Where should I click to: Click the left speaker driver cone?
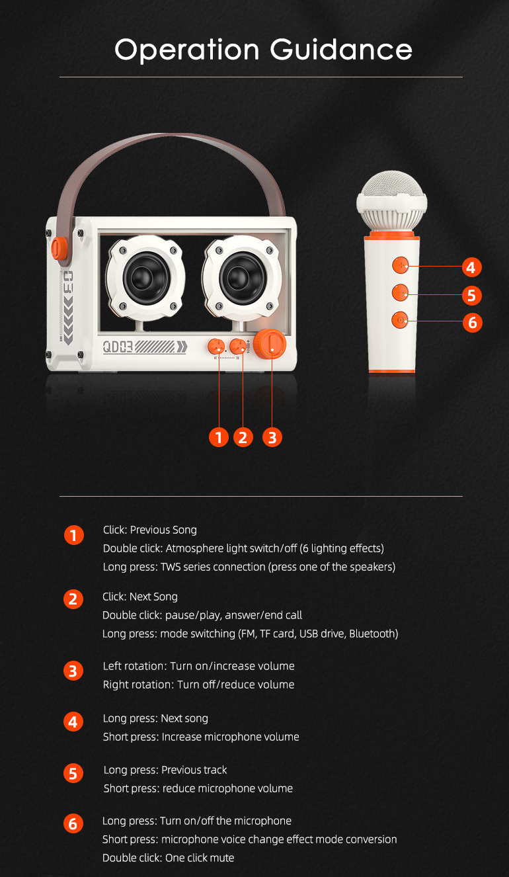(x=143, y=276)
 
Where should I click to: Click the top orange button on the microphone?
(x=399, y=265)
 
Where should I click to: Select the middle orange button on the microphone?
(x=399, y=292)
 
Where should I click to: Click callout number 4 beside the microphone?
(x=471, y=267)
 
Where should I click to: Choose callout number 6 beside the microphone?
(x=471, y=322)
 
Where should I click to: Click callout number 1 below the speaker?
(x=218, y=437)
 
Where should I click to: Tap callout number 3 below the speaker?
(x=272, y=437)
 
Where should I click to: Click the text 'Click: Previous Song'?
(x=150, y=530)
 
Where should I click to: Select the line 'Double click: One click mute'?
(x=168, y=858)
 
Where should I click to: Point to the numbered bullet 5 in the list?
(x=73, y=773)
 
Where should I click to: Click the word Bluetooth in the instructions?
(x=372, y=634)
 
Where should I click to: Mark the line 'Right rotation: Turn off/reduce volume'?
(x=198, y=685)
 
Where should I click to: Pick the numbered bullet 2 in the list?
(x=73, y=599)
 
